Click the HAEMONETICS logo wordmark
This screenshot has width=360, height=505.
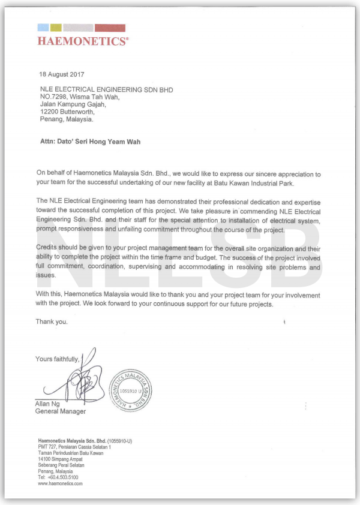(83, 41)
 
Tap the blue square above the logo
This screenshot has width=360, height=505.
(43, 28)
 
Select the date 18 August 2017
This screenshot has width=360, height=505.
(62, 75)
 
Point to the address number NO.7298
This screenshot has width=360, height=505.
(55, 97)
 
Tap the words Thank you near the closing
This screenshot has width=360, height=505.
(52, 321)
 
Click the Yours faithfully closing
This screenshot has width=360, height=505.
(57, 359)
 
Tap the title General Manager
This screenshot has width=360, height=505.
(60, 411)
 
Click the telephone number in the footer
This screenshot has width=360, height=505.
(63, 477)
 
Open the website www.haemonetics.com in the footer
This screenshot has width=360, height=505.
(60, 483)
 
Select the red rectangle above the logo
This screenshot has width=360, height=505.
(110, 28)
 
